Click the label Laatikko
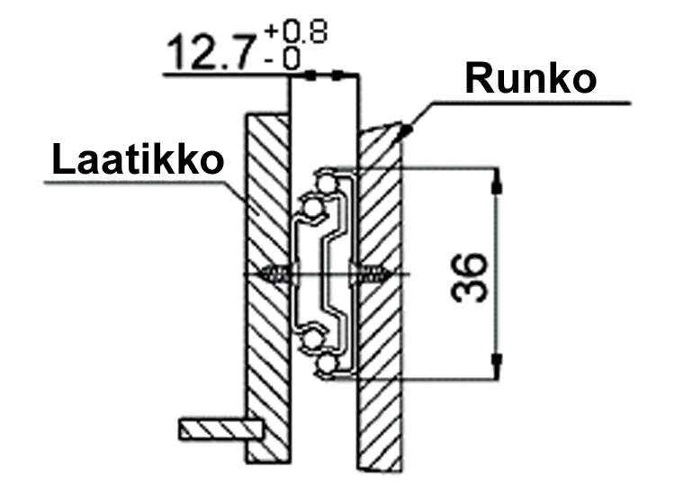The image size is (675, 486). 137,160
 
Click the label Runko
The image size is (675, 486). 530,80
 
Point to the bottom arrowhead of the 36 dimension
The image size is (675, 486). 496,363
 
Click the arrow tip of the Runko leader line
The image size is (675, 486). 407,132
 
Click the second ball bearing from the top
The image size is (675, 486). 311,209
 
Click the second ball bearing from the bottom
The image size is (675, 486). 311,340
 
